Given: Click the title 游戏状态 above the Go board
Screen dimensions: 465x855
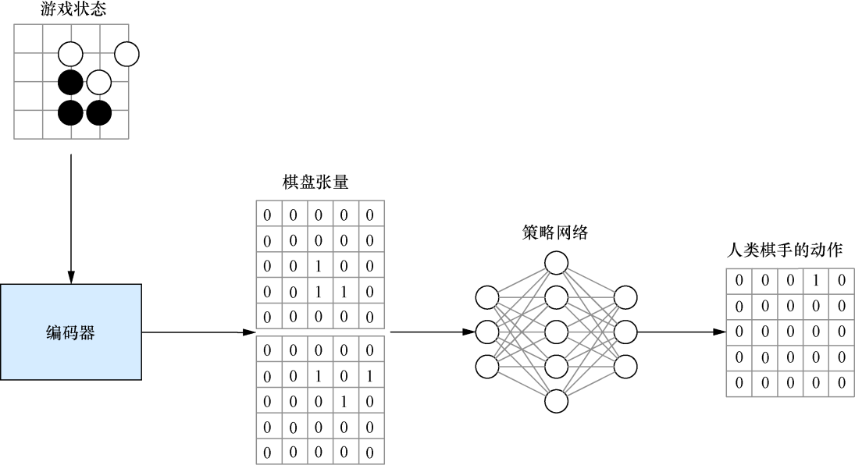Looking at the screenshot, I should [x=73, y=10].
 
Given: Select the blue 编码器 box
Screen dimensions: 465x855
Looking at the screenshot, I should [x=71, y=332].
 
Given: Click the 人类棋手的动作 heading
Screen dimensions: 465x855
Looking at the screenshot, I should [x=784, y=251].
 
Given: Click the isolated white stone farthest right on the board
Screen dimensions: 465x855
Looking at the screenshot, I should [x=126, y=54].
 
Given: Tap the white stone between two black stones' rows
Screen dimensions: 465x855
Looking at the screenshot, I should [x=99, y=82].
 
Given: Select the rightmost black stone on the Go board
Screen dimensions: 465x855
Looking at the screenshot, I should [x=99, y=112].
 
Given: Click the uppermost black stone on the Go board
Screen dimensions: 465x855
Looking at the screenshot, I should [x=70, y=82].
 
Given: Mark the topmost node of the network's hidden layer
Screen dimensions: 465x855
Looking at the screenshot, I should [x=556, y=262].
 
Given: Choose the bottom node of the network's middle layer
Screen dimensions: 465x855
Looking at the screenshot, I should [x=556, y=401].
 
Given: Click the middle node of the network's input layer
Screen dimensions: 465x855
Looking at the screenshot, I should [x=486, y=332].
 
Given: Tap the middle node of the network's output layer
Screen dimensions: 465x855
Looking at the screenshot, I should [x=625, y=332].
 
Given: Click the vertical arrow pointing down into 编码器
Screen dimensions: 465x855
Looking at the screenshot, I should [x=71, y=218].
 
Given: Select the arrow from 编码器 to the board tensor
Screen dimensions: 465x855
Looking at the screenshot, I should [x=199, y=332].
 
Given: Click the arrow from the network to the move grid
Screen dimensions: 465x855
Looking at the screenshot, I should [x=679, y=332].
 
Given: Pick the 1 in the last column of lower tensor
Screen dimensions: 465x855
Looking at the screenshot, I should [x=370, y=376].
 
